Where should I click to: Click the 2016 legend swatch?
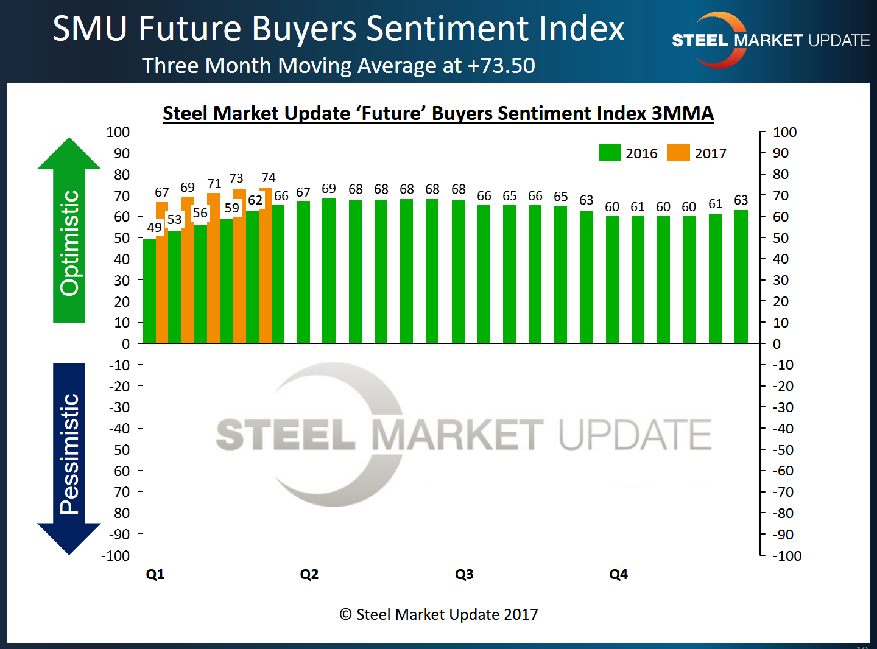tap(609, 153)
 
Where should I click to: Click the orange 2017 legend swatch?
tap(678, 153)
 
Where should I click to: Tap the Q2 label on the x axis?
tap(309, 574)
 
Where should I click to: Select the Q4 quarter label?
tap(618, 574)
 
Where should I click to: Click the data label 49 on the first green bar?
tap(155, 228)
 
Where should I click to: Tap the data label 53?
tap(175, 219)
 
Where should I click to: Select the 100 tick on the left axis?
tap(118, 132)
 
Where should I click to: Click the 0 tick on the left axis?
tap(125, 344)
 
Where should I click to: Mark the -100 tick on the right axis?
tap(787, 555)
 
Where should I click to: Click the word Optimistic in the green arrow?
tap(69, 243)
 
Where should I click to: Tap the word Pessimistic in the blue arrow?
tap(69, 454)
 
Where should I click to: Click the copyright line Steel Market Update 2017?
tap(439, 614)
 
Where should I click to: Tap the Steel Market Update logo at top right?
tap(770, 40)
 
